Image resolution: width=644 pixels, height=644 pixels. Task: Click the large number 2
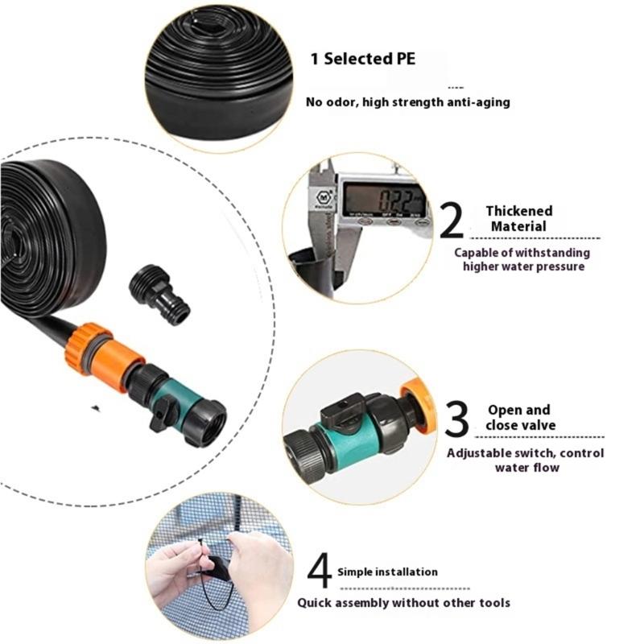click(x=452, y=221)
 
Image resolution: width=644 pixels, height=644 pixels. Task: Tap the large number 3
click(x=456, y=420)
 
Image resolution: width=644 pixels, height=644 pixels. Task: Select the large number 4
click(x=320, y=572)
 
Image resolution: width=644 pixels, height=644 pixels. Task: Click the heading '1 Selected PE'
click(x=364, y=59)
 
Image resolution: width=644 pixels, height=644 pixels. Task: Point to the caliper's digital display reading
click(x=383, y=198)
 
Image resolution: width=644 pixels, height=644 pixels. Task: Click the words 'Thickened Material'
click(x=519, y=218)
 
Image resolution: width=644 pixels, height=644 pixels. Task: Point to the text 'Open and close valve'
click(x=520, y=417)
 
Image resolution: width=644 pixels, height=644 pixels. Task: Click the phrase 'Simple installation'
click(x=388, y=572)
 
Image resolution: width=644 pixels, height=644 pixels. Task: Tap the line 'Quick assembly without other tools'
click(x=403, y=602)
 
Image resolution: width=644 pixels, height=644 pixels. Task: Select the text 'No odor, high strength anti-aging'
click(x=407, y=102)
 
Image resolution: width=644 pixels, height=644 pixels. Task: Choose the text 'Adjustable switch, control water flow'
click(x=525, y=460)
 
